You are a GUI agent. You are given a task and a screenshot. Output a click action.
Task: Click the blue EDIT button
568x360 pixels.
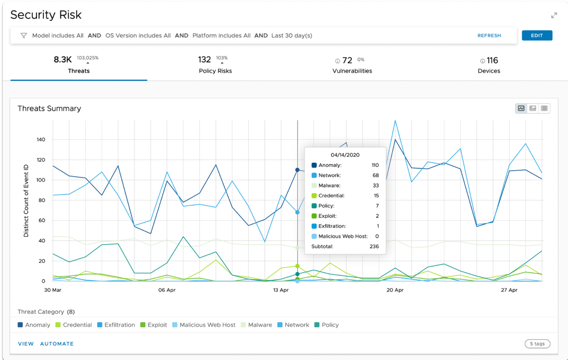click(537, 35)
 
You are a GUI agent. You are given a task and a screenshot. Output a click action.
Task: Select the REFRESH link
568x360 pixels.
click(489, 36)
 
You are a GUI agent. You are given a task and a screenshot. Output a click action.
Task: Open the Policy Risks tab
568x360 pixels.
click(215, 65)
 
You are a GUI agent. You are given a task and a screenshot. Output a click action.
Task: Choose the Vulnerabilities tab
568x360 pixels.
click(352, 65)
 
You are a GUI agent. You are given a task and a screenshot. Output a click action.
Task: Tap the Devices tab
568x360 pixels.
click(489, 65)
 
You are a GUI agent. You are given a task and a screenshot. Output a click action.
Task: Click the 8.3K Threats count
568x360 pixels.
click(63, 60)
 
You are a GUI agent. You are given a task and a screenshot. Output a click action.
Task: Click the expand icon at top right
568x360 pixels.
click(554, 15)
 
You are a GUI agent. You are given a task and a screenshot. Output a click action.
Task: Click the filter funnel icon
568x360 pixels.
click(24, 36)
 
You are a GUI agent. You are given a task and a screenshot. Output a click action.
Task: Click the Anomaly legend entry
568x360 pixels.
click(34, 325)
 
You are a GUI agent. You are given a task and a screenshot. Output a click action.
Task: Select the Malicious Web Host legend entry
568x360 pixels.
click(204, 325)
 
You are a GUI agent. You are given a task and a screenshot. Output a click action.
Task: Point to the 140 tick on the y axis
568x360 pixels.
click(40, 140)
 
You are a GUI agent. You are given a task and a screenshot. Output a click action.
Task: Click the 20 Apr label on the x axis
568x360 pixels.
click(395, 290)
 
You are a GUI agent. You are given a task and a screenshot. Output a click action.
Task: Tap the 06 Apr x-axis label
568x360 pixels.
click(166, 290)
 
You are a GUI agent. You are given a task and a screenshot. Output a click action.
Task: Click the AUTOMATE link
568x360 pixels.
click(57, 344)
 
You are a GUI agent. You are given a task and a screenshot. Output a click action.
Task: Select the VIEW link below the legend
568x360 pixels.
click(26, 344)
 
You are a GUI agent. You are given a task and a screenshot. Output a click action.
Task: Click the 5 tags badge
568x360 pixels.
click(537, 344)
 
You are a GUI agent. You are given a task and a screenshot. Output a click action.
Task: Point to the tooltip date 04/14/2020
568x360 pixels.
click(345, 155)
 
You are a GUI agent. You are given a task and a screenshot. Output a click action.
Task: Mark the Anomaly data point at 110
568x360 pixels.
click(297, 170)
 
